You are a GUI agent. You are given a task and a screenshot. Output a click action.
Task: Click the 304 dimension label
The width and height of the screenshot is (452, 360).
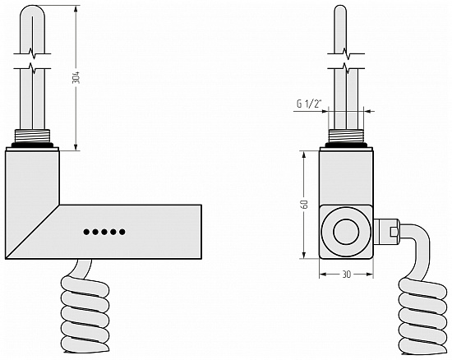pyautogui.click(x=76, y=77)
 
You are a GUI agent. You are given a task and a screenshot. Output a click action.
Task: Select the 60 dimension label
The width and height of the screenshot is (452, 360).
pyautogui.click(x=304, y=204)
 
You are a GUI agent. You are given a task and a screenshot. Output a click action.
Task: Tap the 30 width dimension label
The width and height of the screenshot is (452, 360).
pyautogui.click(x=346, y=275)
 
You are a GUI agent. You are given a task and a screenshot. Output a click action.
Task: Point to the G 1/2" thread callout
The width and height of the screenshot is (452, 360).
pyautogui.click(x=309, y=104)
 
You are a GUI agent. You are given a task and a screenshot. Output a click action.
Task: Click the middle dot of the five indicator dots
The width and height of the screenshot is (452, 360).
pyautogui.click(x=104, y=232)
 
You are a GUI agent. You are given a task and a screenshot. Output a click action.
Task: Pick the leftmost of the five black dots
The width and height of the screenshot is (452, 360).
pyautogui.click(x=86, y=232)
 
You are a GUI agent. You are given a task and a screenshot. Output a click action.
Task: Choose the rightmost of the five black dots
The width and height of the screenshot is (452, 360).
pyautogui.click(x=122, y=232)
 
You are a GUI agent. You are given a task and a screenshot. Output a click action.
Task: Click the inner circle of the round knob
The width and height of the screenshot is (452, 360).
pyautogui.click(x=346, y=232)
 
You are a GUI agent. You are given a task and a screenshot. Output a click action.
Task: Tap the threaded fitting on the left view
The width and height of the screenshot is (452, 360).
pyautogui.click(x=32, y=136)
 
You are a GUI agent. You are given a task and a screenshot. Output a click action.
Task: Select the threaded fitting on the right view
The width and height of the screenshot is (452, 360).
pyautogui.click(x=346, y=136)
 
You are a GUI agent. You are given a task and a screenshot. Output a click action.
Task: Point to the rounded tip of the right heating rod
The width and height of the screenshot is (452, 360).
pyautogui.click(x=340, y=10)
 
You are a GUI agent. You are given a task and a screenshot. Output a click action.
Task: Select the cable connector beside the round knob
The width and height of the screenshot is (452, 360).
pyautogui.click(x=386, y=232)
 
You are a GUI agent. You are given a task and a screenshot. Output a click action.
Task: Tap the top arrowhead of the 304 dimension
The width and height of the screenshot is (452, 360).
pyautogui.click(x=76, y=9)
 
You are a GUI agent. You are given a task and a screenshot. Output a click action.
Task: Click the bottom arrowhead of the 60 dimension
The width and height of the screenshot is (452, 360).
pyautogui.click(x=304, y=254)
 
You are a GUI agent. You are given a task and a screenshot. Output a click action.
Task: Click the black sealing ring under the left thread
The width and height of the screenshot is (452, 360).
pyautogui.click(x=32, y=145)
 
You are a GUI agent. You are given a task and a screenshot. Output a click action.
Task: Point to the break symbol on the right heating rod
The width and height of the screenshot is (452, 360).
pyautogui.click(x=346, y=61)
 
